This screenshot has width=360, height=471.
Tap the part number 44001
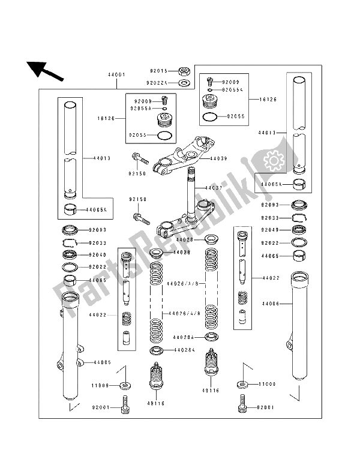pyautogui.click(x=116, y=75)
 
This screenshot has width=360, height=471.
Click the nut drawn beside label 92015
pyautogui.click(x=186, y=71)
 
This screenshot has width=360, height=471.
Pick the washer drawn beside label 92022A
pyautogui.click(x=186, y=82)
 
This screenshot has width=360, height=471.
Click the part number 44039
pyautogui.click(x=219, y=160)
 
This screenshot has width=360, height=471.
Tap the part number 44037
pyautogui.click(x=214, y=188)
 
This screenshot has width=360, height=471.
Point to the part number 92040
pyautogui.click(x=97, y=254)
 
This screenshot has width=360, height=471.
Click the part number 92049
pyautogui.click(x=270, y=230)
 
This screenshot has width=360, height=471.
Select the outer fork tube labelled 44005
pyautogui.click(x=69, y=351)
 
